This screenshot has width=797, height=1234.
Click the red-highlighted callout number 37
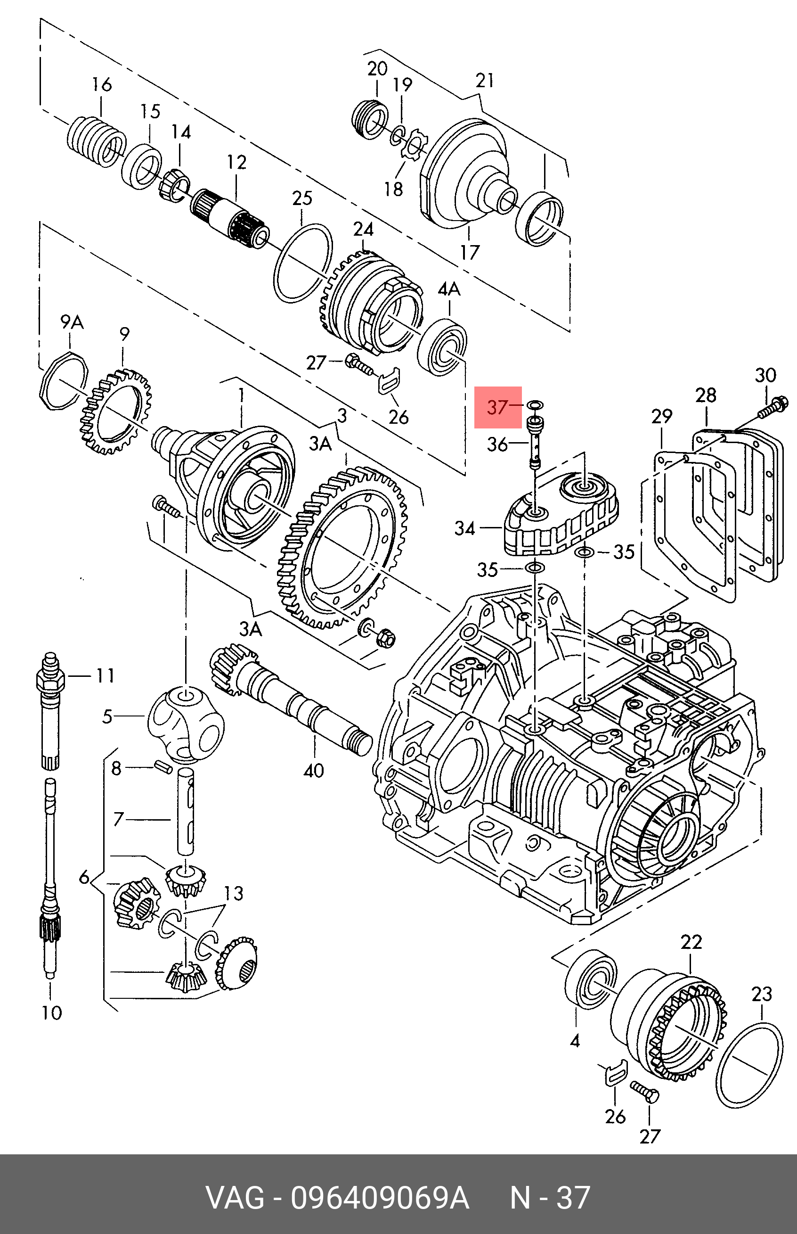point(498,408)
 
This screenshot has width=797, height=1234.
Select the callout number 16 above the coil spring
point(102,84)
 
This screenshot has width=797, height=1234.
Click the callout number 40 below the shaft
point(314,770)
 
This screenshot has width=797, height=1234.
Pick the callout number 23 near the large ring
point(762,994)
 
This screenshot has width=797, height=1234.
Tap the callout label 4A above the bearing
point(449,289)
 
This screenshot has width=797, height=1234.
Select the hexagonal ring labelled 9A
point(63,380)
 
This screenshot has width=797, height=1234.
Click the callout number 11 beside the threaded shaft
point(105,676)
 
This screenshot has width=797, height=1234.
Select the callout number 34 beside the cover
point(465,528)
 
